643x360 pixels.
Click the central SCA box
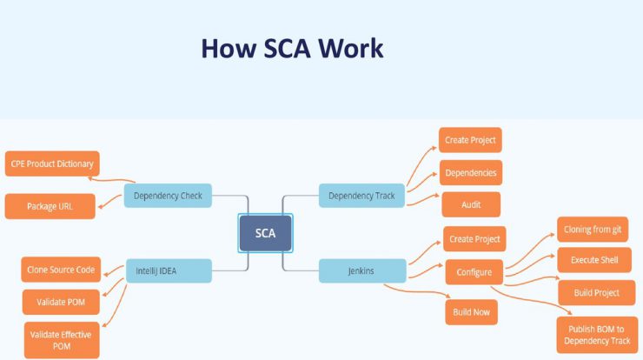point(265,233)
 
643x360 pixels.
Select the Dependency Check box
point(168,196)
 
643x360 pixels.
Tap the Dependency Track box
point(361,196)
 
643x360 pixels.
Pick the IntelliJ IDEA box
point(169,271)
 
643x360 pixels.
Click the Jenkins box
point(362,271)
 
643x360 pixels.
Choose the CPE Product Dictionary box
point(52,163)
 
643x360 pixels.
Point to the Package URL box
point(50,206)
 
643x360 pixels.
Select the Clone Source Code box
point(61,270)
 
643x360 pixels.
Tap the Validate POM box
point(61,302)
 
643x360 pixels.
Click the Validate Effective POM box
point(62,340)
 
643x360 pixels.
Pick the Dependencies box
point(471,173)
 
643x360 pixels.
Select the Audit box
point(471,204)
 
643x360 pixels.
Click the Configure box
point(474,272)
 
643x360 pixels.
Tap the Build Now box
point(472,312)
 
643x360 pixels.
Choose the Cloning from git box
point(593,230)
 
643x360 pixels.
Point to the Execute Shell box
point(594,260)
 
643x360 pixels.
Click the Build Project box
point(597,293)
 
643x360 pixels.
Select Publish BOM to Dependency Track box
point(597,335)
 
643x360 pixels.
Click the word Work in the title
point(351,49)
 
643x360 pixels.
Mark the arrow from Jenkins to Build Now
point(416,291)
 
